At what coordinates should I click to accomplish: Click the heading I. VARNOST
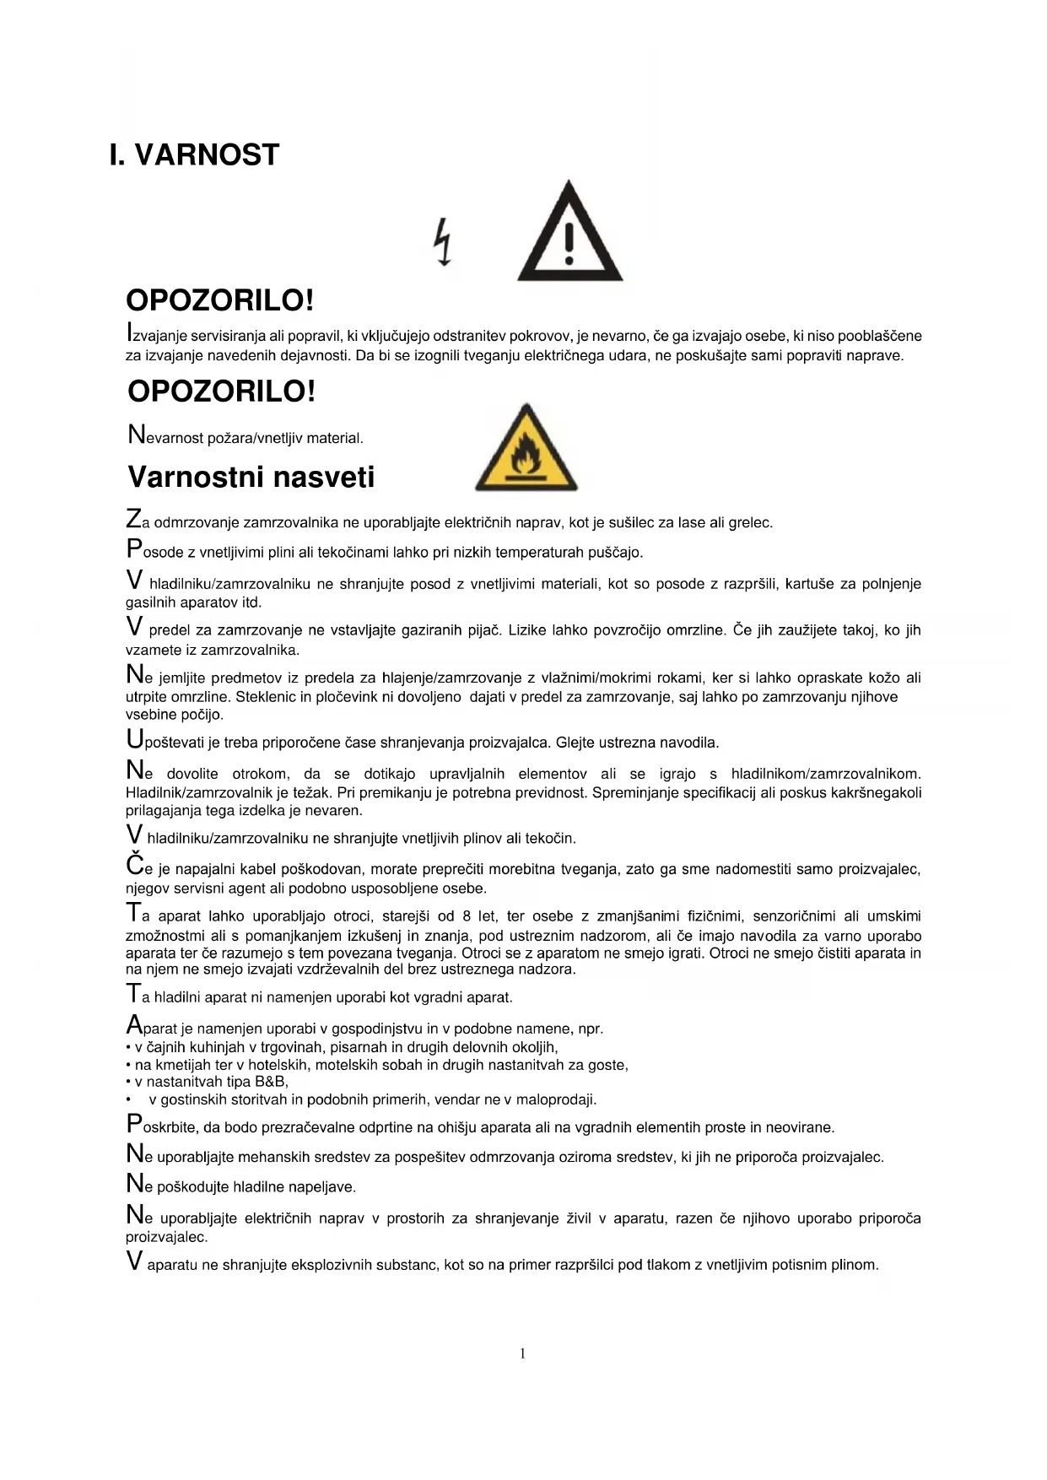click(x=194, y=155)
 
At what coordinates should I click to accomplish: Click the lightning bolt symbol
click(x=442, y=242)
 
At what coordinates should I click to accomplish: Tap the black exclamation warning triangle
click(x=569, y=234)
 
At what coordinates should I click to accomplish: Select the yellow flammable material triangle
click(x=526, y=450)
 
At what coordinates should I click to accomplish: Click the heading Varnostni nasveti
click(x=251, y=478)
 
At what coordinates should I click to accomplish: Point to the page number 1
click(x=523, y=1353)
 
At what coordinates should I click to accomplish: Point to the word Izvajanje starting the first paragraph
click(x=155, y=335)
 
